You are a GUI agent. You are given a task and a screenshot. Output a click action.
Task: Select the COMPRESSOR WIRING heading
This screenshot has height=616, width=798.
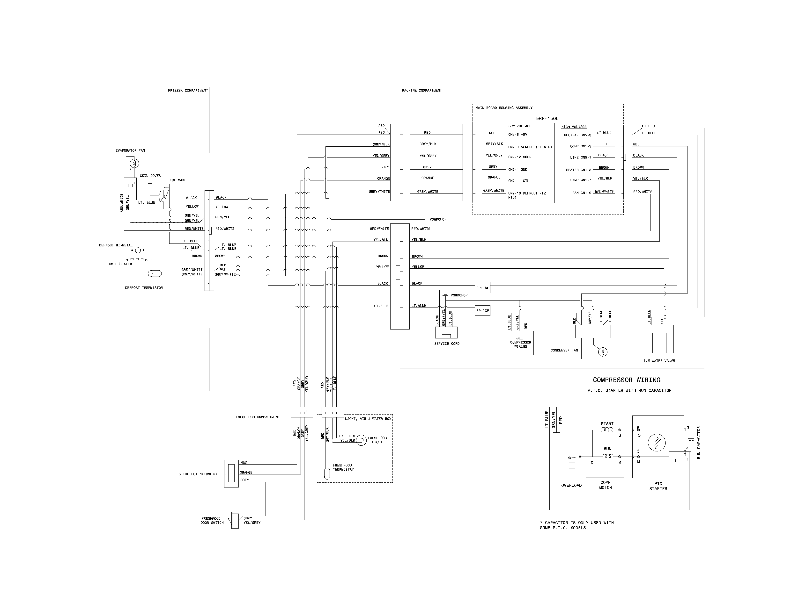626,380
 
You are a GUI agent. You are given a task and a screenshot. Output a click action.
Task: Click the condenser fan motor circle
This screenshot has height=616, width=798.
602,351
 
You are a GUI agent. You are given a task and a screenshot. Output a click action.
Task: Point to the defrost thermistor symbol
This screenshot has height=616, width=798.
155,273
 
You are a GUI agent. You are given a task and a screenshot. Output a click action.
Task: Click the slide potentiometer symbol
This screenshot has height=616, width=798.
231,474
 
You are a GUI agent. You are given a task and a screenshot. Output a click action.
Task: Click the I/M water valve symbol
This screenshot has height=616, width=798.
659,339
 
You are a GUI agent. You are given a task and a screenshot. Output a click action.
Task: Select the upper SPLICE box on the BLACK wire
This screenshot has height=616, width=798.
482,288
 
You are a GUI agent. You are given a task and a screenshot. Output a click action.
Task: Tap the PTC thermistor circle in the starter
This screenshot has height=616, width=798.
657,443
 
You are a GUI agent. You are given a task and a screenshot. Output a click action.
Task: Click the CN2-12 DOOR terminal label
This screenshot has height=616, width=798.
520,157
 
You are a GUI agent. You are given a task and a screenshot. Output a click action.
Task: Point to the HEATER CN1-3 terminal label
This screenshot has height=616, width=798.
578,170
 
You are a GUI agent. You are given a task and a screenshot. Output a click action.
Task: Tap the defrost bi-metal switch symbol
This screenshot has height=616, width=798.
138,250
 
